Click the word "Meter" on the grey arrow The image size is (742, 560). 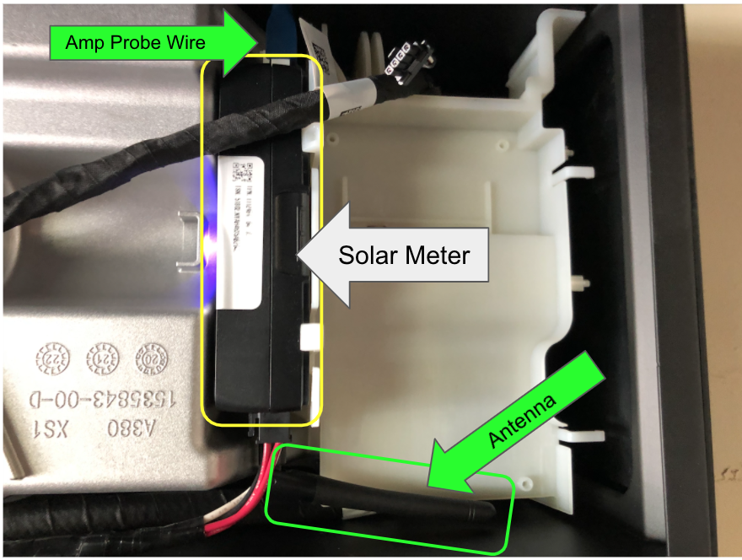tap(437, 255)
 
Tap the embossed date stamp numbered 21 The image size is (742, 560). tap(101, 358)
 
